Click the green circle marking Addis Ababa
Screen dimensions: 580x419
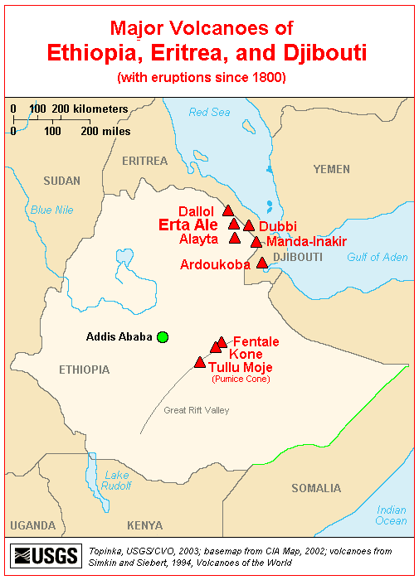coord(163,336)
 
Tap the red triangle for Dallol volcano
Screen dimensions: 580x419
coord(228,211)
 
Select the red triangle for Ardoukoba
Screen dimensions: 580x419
coord(262,263)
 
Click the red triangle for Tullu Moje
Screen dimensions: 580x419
coord(199,362)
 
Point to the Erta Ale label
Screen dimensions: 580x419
coord(188,225)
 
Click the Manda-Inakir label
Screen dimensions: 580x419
coord(306,241)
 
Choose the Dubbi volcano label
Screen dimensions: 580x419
coord(277,226)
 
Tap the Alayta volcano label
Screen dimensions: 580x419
coord(198,239)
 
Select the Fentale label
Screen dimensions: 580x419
coord(256,341)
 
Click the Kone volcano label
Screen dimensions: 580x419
coord(246,354)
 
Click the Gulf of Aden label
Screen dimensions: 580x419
coord(377,258)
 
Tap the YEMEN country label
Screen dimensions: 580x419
coord(332,169)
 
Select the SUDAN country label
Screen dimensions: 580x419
coord(62,181)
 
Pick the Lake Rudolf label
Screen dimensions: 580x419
coord(116,481)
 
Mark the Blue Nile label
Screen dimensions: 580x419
coord(52,210)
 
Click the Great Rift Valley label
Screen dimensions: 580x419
coord(196,410)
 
